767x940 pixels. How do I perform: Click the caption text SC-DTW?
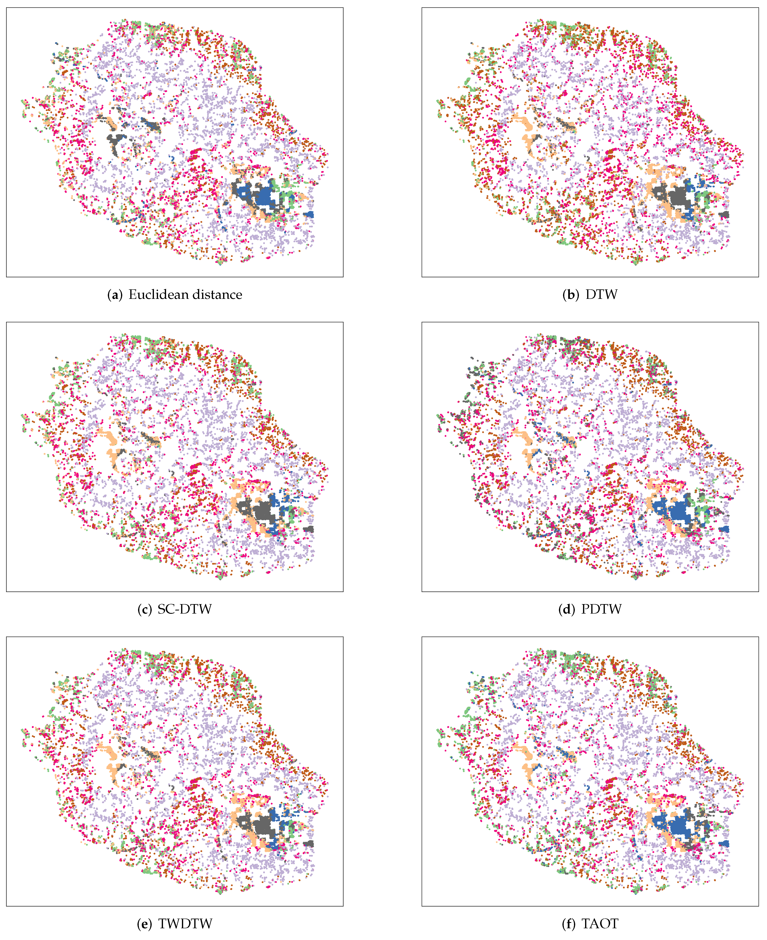pos(185,609)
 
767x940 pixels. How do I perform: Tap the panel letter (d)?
pos(566,609)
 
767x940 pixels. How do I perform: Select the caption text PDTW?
pos(601,609)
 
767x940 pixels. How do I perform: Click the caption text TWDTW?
pos(186,924)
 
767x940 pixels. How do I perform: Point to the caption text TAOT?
pos(600,924)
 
